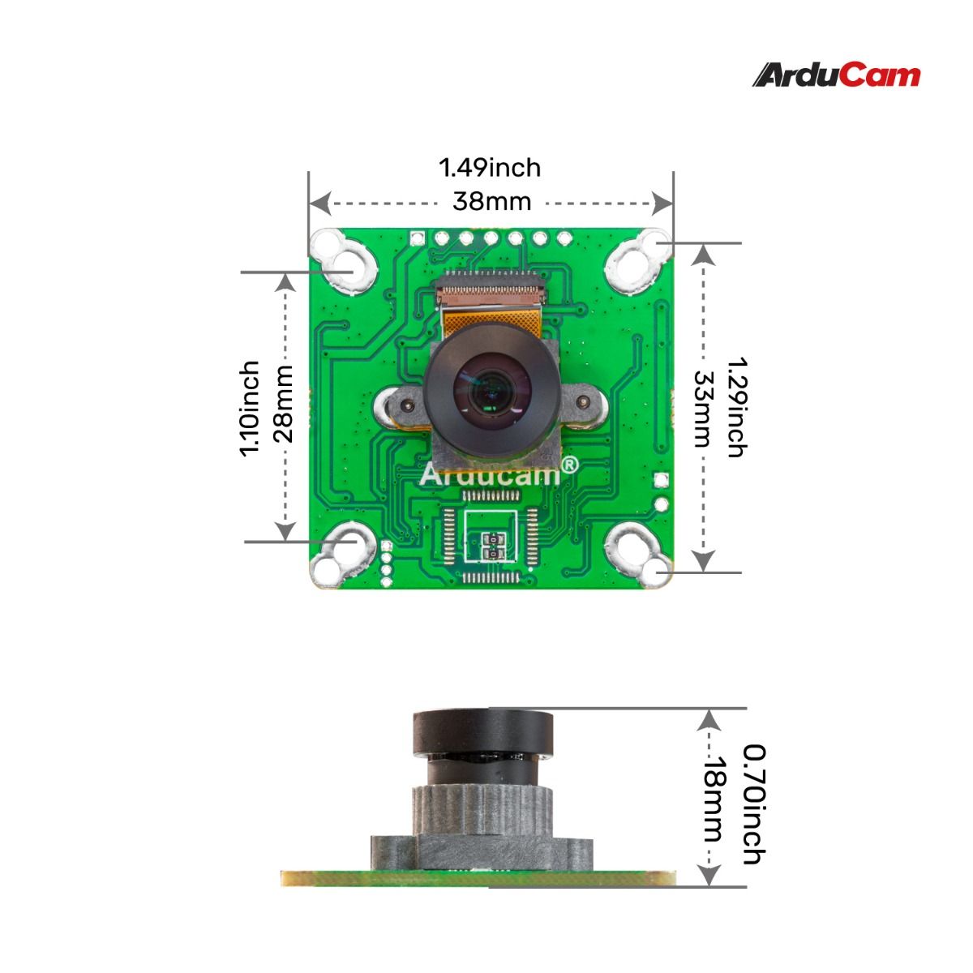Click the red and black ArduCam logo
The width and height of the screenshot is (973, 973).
pos(837,75)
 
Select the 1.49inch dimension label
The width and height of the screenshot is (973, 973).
pos(490,168)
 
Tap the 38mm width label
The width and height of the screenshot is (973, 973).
pos(491,201)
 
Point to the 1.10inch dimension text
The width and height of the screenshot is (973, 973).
pos(250,408)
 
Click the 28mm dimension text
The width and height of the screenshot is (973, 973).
pos(283,404)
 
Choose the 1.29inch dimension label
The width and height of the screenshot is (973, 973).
pos(735,407)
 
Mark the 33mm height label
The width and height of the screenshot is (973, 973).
pos(701,409)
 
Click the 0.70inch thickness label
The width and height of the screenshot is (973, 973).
pos(753,804)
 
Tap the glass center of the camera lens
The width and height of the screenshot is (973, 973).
pos(489,388)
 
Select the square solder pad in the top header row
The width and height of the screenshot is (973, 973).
pos(418,239)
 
